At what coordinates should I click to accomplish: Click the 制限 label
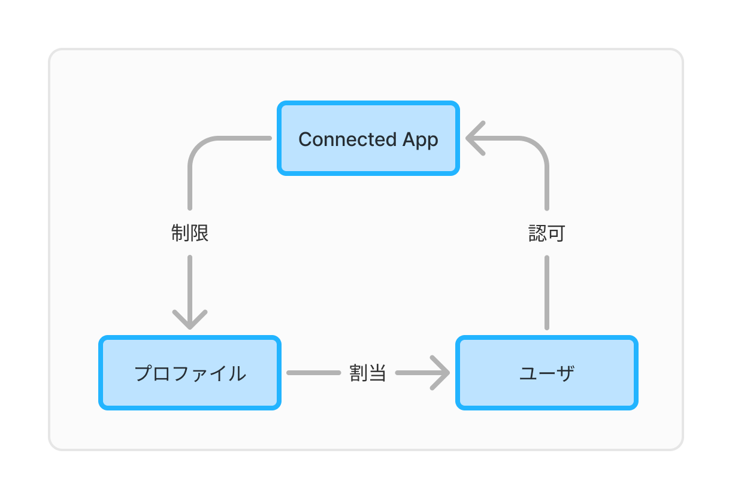(x=190, y=233)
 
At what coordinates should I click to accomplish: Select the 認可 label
(x=546, y=233)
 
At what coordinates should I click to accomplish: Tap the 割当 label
(x=367, y=373)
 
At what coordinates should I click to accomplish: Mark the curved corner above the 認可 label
(x=537, y=148)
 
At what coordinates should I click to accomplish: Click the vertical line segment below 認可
(x=547, y=293)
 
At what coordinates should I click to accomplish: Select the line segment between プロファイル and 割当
(x=313, y=373)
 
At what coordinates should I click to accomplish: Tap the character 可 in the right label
(x=556, y=233)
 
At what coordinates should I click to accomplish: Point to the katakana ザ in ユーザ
(x=565, y=373)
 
